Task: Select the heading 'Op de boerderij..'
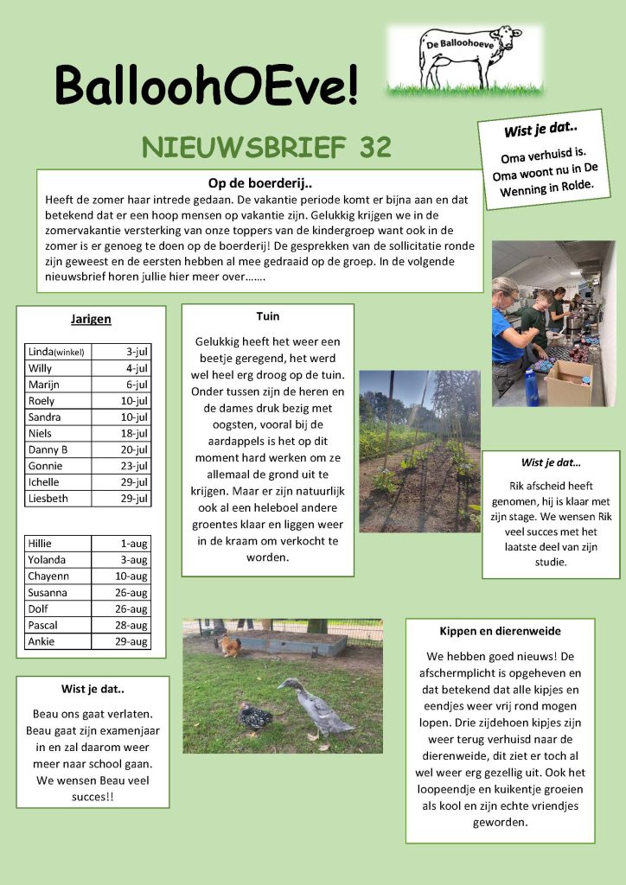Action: pyautogui.click(x=259, y=183)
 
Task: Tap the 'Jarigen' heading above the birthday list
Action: pyautogui.click(x=91, y=319)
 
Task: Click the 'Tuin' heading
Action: pyautogui.click(x=268, y=316)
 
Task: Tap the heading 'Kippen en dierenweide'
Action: pyautogui.click(x=500, y=631)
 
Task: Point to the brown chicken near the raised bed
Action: pyautogui.click(x=229, y=646)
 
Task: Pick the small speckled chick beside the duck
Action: pyautogui.click(x=256, y=715)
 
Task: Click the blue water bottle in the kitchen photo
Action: pyautogui.click(x=532, y=388)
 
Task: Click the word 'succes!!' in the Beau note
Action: pyautogui.click(x=93, y=797)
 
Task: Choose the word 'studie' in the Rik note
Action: pyautogui.click(x=550, y=562)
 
